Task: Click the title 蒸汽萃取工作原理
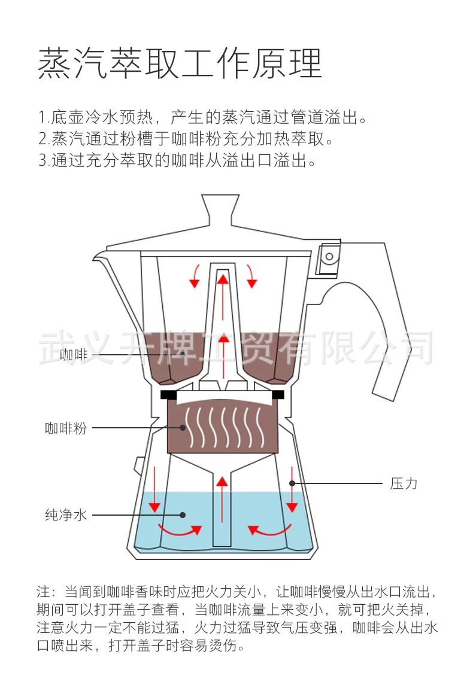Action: tap(180, 63)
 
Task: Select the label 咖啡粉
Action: tap(65, 428)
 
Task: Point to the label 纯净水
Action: tap(65, 514)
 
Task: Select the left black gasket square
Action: tap(168, 395)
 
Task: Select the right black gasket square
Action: tap(278, 395)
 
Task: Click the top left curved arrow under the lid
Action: tap(195, 276)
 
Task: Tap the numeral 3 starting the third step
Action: tap(42, 160)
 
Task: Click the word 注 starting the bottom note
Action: tap(43, 592)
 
